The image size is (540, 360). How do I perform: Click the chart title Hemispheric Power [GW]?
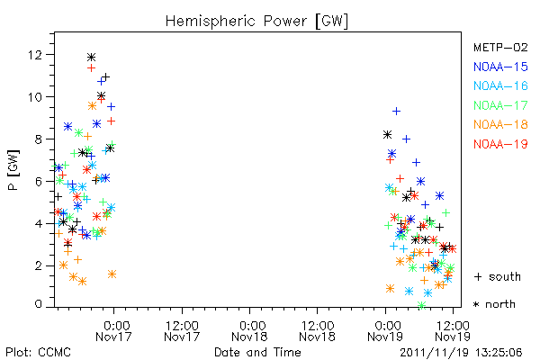point(256,22)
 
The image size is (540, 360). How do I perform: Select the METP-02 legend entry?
point(500,47)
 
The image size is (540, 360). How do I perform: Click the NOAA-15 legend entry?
point(500,67)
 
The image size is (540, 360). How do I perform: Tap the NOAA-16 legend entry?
point(500,85)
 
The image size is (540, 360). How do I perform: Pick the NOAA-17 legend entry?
point(500,105)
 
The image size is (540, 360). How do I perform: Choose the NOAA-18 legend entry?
point(500,124)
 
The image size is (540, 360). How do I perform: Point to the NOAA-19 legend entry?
point(500,144)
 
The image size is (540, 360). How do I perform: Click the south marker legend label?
point(498,276)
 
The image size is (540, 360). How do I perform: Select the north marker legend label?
point(494,304)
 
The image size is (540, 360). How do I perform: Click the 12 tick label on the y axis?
point(35,54)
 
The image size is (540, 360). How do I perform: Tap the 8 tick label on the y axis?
point(39,139)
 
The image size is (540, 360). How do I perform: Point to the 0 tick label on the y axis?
point(39,304)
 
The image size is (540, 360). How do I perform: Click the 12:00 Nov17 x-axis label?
point(182,331)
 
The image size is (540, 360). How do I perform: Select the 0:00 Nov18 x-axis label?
point(249,331)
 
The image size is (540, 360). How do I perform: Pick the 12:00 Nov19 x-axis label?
point(453,331)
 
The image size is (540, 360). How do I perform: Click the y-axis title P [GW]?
point(13,169)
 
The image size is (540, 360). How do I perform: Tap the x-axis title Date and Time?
point(257,352)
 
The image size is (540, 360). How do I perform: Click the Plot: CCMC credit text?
point(38,352)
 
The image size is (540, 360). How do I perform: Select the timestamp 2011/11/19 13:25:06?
point(461,353)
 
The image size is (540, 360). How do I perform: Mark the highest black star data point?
point(91,58)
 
